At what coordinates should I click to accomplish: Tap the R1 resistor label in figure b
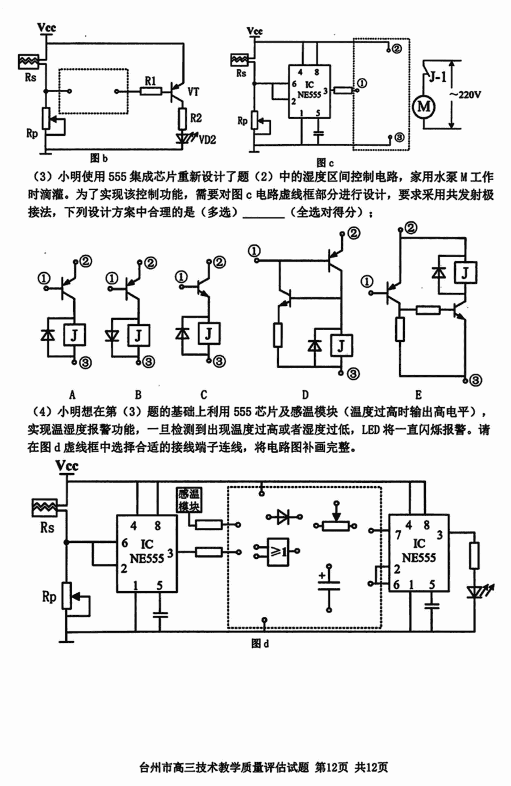click(x=150, y=81)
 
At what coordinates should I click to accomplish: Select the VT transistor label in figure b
click(x=193, y=91)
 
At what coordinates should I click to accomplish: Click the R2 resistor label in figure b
click(x=195, y=118)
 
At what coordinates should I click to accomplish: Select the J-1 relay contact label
click(x=437, y=77)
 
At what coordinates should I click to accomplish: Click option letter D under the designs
click(x=305, y=395)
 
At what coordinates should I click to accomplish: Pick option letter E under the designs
click(x=418, y=395)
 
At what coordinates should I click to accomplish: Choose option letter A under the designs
click(x=72, y=395)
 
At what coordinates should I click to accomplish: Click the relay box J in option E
click(x=465, y=273)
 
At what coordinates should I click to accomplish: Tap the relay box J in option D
click(x=340, y=345)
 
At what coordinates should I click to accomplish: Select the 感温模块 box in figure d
click(x=189, y=500)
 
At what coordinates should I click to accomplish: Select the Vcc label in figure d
click(x=67, y=466)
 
